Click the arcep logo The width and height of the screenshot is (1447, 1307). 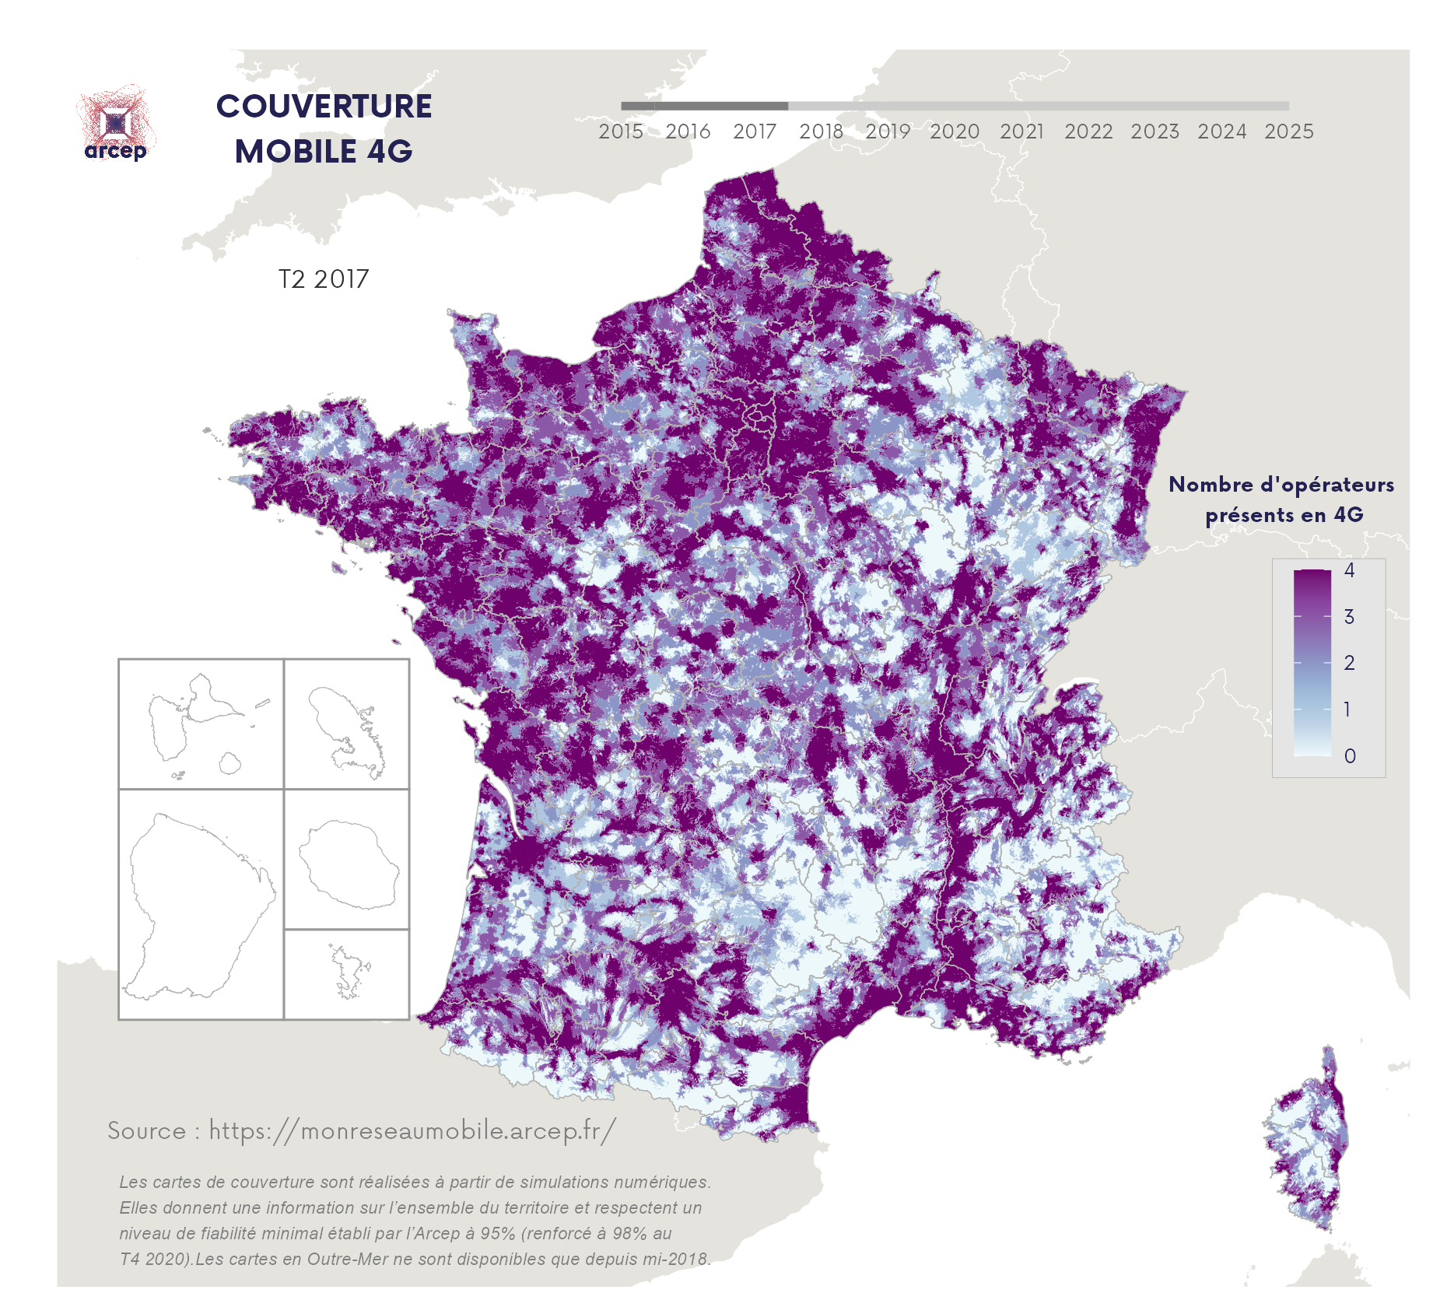pos(116,124)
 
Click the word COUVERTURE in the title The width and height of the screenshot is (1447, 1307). pos(324,107)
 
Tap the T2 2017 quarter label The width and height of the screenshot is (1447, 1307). pos(324,279)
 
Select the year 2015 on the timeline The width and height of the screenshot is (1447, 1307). pos(621,131)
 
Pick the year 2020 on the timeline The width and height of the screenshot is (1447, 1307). pos(955,131)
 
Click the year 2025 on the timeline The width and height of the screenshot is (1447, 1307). pos(1288,131)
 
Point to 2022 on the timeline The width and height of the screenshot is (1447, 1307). pos(1088,131)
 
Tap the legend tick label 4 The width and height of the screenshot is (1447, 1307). pos(1349,570)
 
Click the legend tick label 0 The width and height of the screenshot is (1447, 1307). pos(1350,755)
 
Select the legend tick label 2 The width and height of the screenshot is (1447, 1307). pos(1349,663)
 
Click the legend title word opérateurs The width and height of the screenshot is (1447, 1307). pos(1326,485)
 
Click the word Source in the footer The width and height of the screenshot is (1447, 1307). pos(147,1130)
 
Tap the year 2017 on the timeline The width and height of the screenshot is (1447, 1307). pos(755,131)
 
